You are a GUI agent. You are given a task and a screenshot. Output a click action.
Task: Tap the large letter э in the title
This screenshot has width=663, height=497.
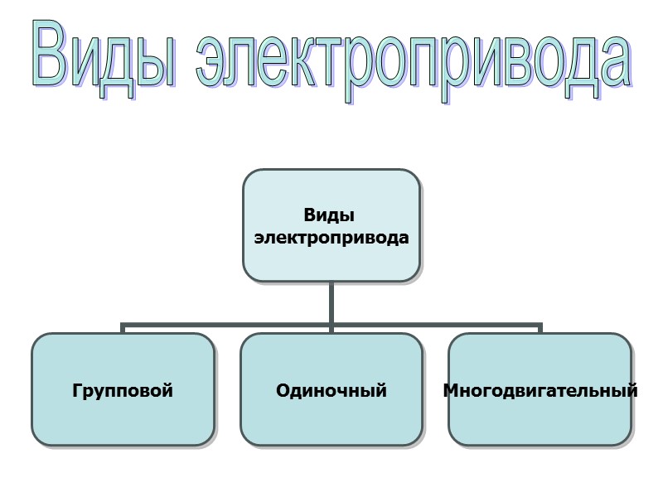215,64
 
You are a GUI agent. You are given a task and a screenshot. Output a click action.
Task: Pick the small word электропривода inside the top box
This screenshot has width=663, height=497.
331,238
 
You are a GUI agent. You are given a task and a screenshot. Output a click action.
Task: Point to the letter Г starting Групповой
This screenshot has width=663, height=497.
77,390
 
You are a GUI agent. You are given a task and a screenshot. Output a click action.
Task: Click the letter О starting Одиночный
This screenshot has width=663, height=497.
283,390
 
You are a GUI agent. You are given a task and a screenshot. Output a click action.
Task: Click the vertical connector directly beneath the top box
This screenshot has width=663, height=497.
331,302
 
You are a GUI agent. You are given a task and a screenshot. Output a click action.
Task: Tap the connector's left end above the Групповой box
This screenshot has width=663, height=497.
123,328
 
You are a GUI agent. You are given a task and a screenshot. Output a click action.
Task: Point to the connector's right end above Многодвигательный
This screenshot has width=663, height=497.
540,328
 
